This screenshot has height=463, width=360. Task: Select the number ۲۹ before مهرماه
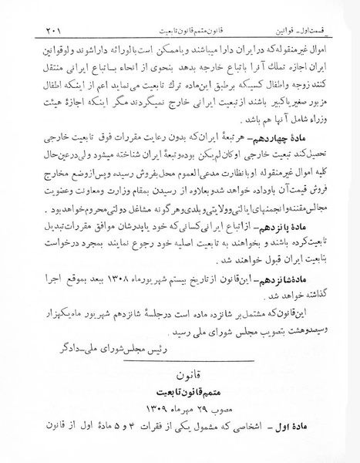193,421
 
